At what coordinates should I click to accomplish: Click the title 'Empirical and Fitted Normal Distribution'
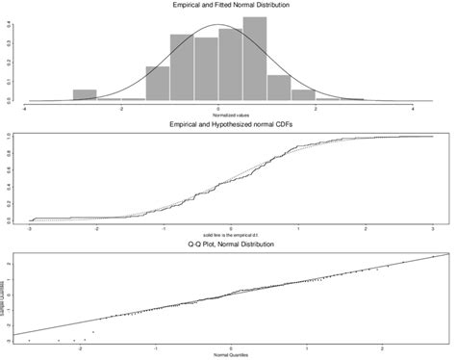coord(228,7)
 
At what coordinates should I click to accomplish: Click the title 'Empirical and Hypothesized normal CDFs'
coord(228,125)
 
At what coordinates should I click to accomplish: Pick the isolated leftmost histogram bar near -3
coord(86,95)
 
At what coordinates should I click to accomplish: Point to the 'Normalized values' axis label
coord(219,116)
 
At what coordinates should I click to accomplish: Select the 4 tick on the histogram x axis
coord(412,109)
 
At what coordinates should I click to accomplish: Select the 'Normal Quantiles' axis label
coord(232,356)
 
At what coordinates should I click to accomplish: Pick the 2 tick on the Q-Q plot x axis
coord(383,349)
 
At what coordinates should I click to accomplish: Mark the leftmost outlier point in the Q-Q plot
coord(30,341)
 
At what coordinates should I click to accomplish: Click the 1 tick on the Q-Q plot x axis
coord(307,349)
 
